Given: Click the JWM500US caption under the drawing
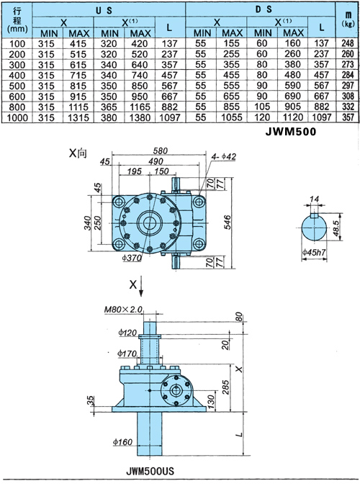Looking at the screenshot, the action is click(150, 472).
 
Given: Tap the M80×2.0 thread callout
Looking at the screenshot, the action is click(123, 310).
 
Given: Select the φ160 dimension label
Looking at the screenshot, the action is click(122, 442).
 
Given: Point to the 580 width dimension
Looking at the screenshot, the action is click(161, 150).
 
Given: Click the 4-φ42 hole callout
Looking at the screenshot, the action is click(224, 156).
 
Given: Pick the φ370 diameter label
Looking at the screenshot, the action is click(132, 258).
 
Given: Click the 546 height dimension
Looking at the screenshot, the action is click(228, 222).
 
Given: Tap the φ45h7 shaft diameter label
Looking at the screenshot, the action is click(314, 252).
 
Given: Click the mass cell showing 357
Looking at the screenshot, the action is click(348, 117).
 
